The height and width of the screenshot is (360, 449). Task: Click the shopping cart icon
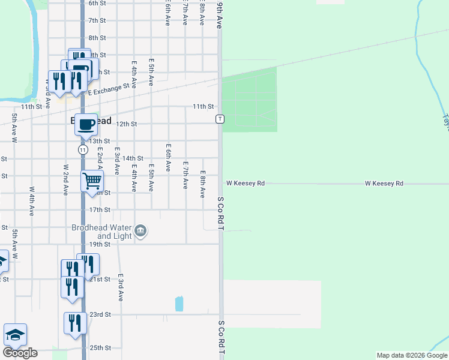tap(92, 180)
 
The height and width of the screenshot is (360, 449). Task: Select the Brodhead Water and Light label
tap(101, 232)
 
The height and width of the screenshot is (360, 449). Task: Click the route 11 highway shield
tap(83, 149)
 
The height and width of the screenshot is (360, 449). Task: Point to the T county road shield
tap(220, 119)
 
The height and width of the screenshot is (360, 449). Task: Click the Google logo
tap(20, 352)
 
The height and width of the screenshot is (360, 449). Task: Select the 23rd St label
tap(100, 314)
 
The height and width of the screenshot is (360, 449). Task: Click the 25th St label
tap(100, 348)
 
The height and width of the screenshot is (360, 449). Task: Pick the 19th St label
tap(100, 244)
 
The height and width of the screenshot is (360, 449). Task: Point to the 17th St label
tap(100, 210)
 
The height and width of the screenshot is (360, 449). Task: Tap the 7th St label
tap(97, 20)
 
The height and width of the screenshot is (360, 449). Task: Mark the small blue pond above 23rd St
tap(179, 304)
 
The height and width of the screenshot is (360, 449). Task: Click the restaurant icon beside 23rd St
tap(75, 323)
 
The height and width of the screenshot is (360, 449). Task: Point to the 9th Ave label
tap(220, 15)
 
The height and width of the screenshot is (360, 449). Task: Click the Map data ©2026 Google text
tap(411, 355)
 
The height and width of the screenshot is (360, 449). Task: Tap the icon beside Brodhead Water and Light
tap(141, 230)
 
